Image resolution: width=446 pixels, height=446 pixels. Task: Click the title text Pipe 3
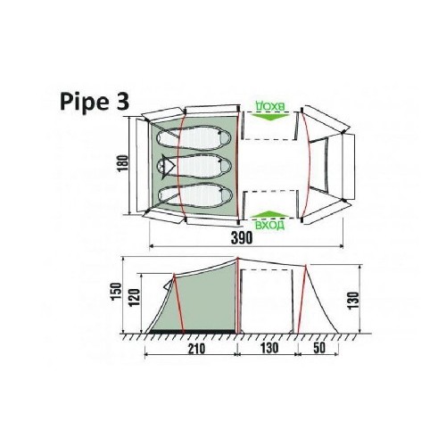point(95,102)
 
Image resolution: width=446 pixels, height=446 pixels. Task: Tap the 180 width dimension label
point(123,162)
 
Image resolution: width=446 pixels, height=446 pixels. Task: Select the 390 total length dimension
point(243,237)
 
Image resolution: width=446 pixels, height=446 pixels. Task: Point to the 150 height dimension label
point(116,292)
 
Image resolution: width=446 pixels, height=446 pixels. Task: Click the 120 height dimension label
point(134,297)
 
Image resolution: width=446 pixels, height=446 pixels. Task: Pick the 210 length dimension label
point(196,349)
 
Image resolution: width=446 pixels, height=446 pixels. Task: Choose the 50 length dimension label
point(319,348)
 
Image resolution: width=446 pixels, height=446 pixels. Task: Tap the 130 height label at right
point(353,301)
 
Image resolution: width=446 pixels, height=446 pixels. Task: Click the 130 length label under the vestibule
point(269,348)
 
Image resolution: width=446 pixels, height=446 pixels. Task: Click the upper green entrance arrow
point(269,116)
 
